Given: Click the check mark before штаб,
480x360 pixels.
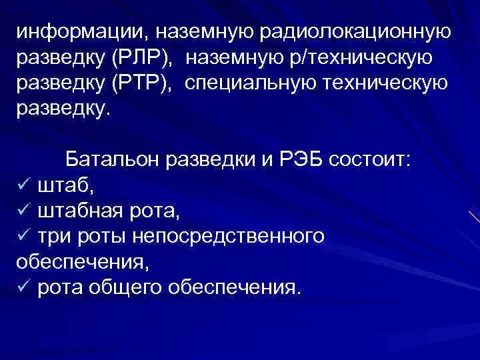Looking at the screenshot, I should tap(24, 187).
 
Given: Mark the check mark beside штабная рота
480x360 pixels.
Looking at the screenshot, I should tap(24, 212).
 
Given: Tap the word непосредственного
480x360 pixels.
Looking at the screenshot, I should tap(229, 237).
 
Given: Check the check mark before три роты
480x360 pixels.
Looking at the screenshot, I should tap(24, 237).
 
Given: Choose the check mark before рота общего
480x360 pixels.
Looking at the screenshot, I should tap(24, 288).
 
